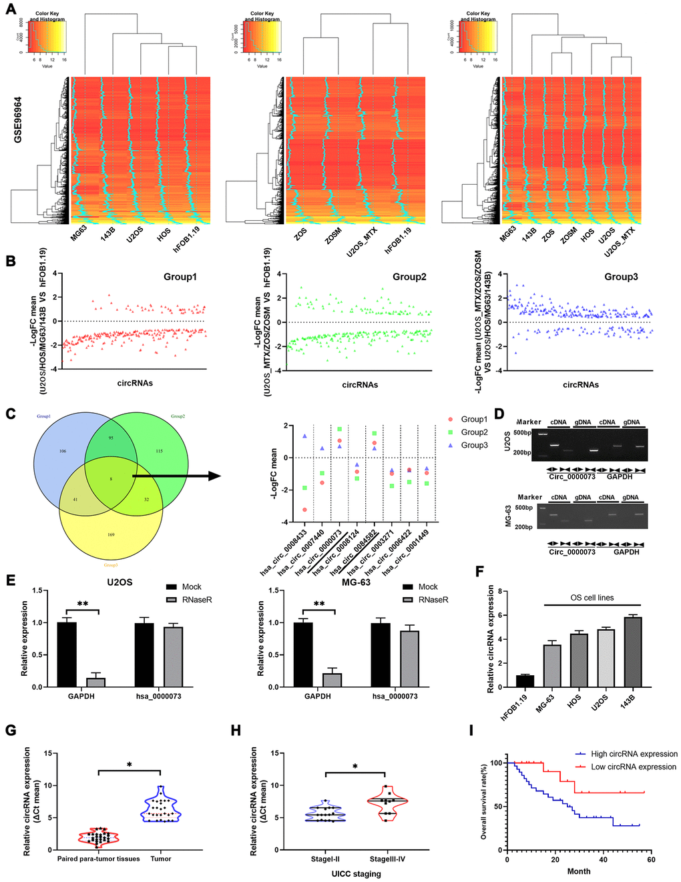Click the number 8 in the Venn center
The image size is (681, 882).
(x=111, y=480)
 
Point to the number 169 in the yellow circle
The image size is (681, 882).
(x=111, y=535)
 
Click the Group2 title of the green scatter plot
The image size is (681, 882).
(x=409, y=277)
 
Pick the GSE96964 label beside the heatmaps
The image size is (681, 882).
(x=18, y=119)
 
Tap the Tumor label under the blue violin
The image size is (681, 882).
(x=160, y=859)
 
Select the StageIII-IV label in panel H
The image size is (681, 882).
(x=387, y=859)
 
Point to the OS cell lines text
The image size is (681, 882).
(x=592, y=598)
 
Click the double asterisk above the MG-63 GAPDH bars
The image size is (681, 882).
(x=319, y=604)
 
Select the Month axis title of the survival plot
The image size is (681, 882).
(x=578, y=871)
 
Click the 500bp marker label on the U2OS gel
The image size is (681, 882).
(x=522, y=433)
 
